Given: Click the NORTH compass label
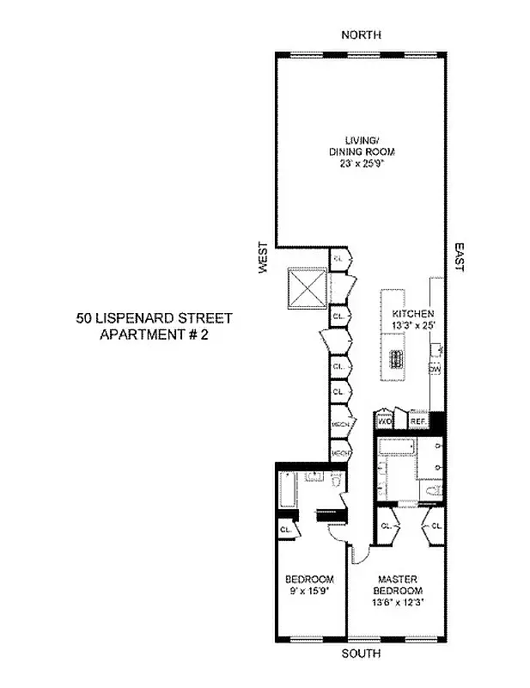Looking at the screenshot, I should (x=361, y=34).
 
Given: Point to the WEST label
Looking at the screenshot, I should (x=265, y=258).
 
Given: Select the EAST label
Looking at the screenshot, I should (x=459, y=256).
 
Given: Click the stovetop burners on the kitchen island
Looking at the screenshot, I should (x=395, y=359).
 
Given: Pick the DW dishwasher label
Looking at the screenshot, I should (x=435, y=368).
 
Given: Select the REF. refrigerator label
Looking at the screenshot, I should (x=418, y=422).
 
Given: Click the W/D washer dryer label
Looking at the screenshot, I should (x=385, y=422).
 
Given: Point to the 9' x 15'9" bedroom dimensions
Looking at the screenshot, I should (x=310, y=592).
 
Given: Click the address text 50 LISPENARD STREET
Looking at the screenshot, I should (x=154, y=317).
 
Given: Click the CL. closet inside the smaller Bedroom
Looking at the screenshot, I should (x=284, y=531).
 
